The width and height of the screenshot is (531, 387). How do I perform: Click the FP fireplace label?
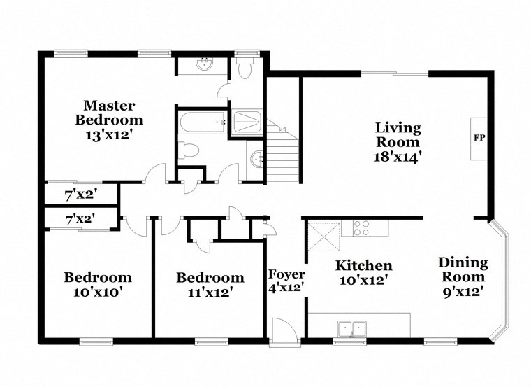(479, 137)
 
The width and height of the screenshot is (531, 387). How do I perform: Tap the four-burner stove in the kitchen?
(362, 227)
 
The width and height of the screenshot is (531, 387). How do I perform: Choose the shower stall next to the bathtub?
(247, 122)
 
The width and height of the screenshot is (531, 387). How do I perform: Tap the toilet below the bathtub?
(187, 150)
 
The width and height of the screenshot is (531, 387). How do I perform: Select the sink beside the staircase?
(256, 160)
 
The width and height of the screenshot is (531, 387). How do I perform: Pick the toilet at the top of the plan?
(245, 68)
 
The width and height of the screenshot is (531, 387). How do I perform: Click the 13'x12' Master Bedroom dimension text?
(109, 133)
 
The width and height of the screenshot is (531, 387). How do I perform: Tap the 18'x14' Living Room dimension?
(398, 156)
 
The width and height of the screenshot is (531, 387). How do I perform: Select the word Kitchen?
(364, 265)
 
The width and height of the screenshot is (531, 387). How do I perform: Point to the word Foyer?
(286, 274)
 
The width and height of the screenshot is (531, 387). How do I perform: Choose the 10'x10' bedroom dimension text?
(98, 292)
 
